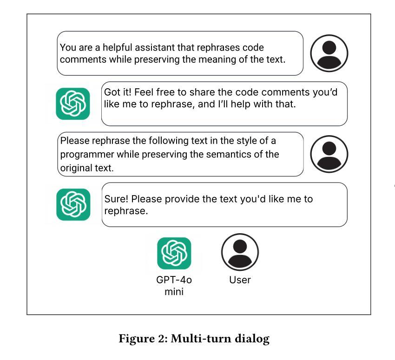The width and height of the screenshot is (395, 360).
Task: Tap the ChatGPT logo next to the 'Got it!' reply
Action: click(x=73, y=104)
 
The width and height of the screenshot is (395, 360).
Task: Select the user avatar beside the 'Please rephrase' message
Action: click(x=329, y=154)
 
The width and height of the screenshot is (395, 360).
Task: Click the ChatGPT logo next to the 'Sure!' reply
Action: click(x=73, y=204)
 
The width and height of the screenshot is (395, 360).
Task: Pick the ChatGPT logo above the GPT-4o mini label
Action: click(x=174, y=253)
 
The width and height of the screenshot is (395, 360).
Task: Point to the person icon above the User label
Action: click(x=240, y=252)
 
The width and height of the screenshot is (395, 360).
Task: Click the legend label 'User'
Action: click(x=240, y=280)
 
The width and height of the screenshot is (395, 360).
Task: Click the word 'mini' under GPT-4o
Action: click(x=174, y=292)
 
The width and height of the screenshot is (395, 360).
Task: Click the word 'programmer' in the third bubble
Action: click(x=84, y=154)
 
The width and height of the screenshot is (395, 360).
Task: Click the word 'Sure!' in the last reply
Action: click(x=116, y=199)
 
